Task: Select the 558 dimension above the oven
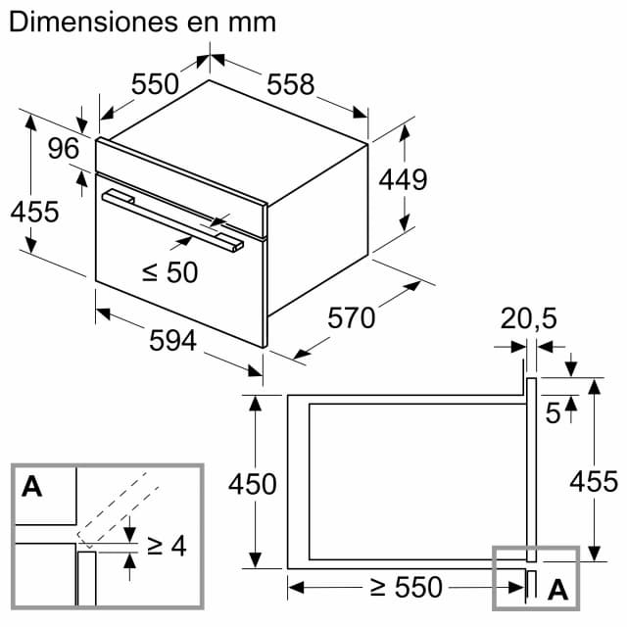[291, 85]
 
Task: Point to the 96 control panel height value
[63, 148]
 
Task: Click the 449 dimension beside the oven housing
[403, 180]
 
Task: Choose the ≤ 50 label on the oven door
[169, 272]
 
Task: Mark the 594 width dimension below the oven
[173, 340]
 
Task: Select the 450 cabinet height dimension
[252, 483]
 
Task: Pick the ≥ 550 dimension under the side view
[406, 588]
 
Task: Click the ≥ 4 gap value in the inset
[166, 546]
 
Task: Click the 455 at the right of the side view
[594, 482]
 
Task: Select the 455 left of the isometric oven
[35, 211]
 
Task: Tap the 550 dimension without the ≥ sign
[156, 84]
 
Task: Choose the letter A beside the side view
[557, 589]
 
